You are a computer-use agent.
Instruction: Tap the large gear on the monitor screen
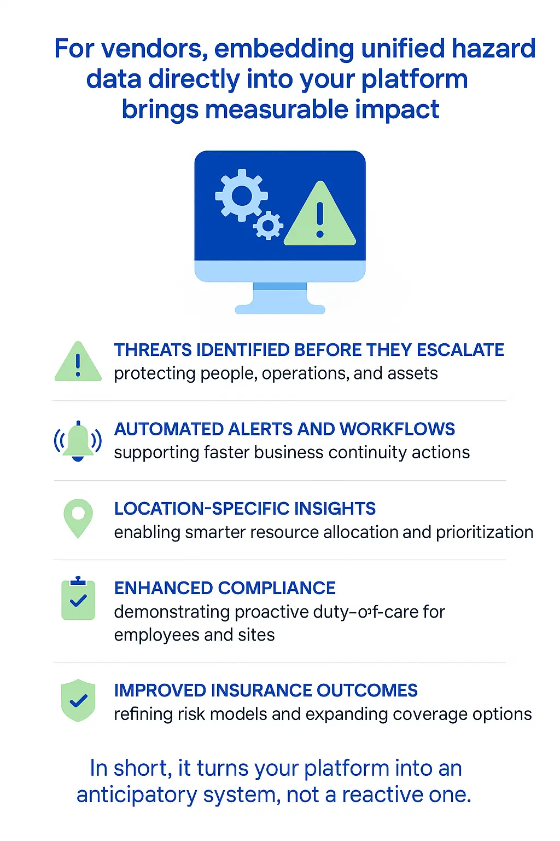(x=241, y=195)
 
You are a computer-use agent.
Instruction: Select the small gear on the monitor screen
(x=268, y=224)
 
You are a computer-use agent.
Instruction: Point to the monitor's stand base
(x=280, y=309)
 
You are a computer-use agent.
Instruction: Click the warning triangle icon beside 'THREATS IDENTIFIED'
(x=78, y=362)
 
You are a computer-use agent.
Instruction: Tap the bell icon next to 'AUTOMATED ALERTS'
(x=78, y=441)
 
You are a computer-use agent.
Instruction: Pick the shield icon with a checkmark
(x=79, y=700)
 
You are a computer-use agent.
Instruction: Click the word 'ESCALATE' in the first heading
(x=460, y=350)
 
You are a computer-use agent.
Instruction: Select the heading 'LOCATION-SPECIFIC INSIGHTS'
(x=244, y=509)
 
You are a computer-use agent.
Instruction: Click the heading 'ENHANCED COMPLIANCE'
(x=225, y=588)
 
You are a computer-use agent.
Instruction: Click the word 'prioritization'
(x=485, y=532)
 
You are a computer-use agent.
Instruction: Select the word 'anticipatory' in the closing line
(x=137, y=795)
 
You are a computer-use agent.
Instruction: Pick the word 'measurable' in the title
(x=277, y=110)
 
